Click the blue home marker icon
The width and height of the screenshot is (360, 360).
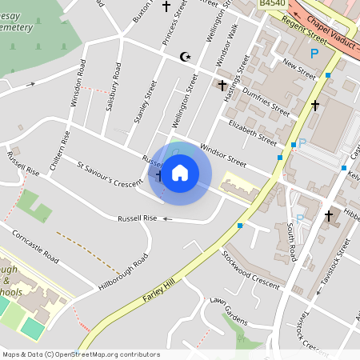click(180, 172)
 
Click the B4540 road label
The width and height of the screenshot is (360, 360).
click(273, 5)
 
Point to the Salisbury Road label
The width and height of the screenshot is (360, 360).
click(116, 82)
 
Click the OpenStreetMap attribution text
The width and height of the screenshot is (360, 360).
click(80, 354)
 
